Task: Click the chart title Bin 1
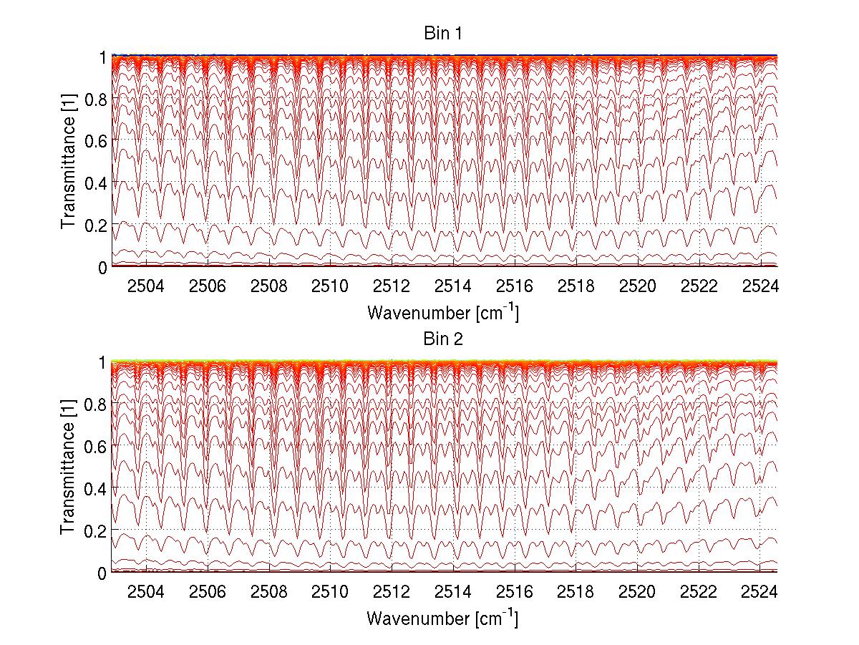pos(442,34)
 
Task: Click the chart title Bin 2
pos(442,339)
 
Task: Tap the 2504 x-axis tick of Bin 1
pos(145,286)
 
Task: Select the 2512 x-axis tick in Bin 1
pos(392,286)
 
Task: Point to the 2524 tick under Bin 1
pos(761,286)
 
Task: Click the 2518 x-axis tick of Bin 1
pos(576,286)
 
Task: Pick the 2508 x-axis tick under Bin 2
pos(268,592)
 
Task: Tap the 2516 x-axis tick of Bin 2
pos(515,592)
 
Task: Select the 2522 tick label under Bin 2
pos(699,592)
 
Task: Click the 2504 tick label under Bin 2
pos(145,592)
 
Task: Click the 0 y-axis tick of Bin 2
pos(102,573)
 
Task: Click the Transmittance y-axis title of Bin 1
pos(68,161)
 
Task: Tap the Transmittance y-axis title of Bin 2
pos(68,467)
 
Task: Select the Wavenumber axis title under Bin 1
pos(442,312)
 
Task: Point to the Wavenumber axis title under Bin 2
pos(442,618)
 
